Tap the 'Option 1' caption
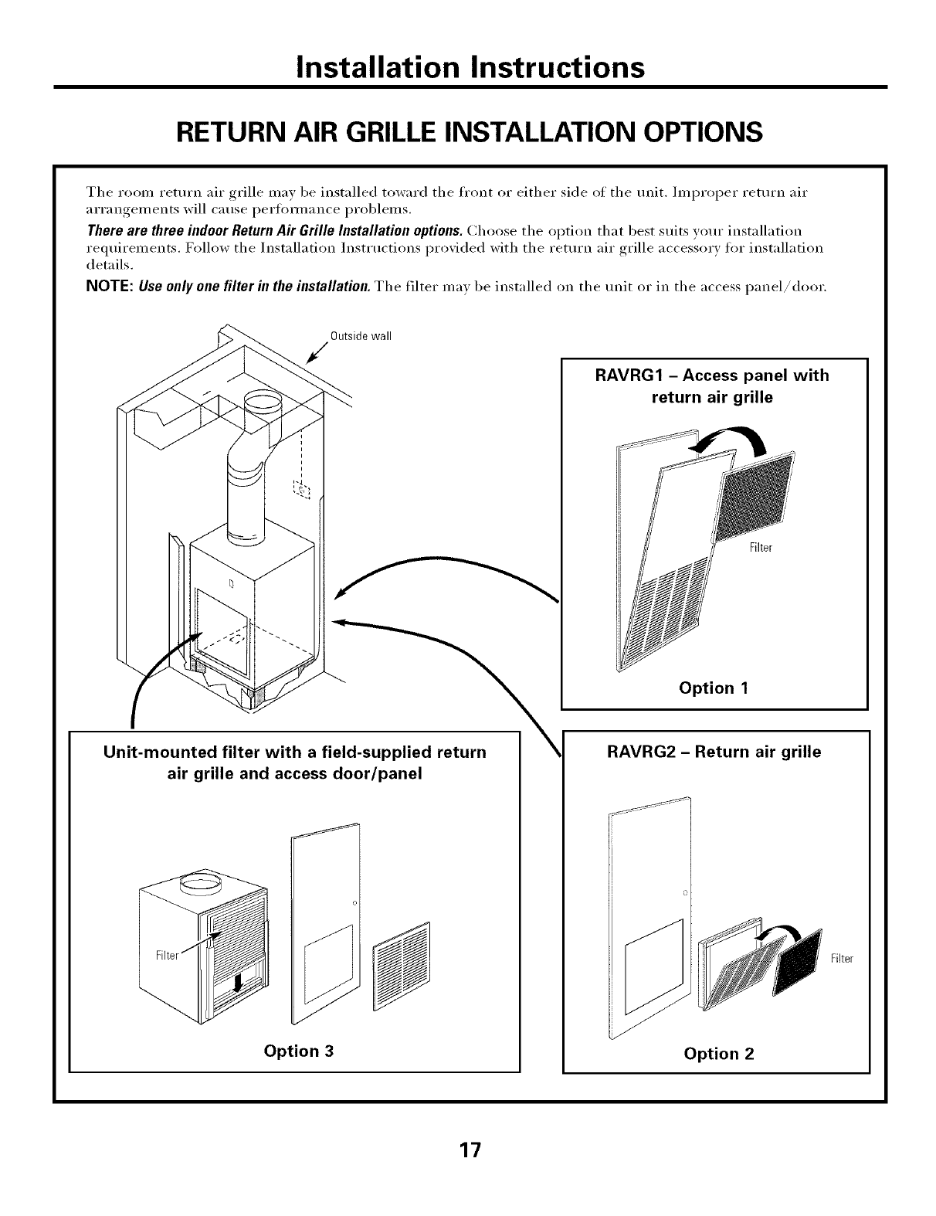(x=714, y=688)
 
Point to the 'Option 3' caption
(x=299, y=1051)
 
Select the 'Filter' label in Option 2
(x=842, y=959)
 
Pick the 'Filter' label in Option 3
(x=168, y=955)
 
